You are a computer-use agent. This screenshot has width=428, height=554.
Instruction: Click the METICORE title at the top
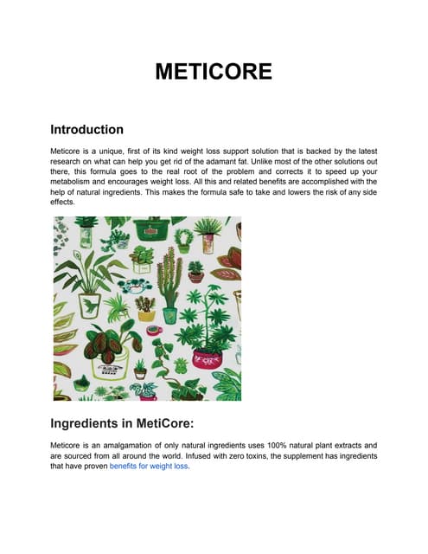point(213,70)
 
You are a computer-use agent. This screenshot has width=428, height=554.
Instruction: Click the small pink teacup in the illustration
point(153,330)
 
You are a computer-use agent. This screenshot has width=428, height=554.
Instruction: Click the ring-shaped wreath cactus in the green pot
point(183,238)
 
